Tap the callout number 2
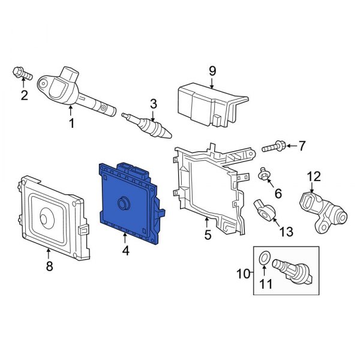coord(24,95)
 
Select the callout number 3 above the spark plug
coord(153,104)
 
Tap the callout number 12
coord(314,176)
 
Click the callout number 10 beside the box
coord(242,274)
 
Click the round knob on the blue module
coord(124,204)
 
